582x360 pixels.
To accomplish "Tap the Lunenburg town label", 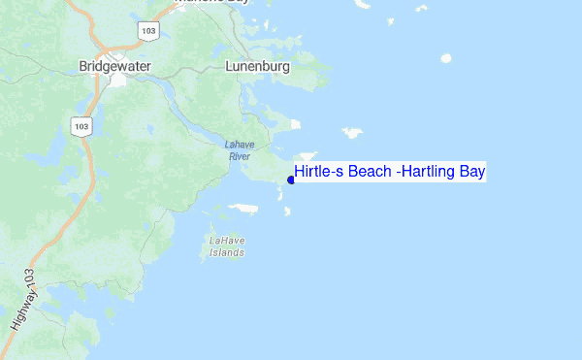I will (x=258, y=67).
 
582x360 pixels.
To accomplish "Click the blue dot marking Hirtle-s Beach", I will (x=291, y=180).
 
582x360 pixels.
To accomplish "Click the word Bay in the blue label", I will (x=472, y=173).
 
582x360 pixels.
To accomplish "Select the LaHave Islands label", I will (x=228, y=245).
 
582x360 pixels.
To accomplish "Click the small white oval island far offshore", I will (x=446, y=58).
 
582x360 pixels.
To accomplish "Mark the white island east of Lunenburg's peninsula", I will (x=351, y=132).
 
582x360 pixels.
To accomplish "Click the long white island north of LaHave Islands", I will (x=242, y=207).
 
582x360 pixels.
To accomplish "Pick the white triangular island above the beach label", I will (x=307, y=156).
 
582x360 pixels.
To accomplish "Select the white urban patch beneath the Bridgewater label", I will (x=119, y=82).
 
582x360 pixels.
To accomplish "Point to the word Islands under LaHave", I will (x=228, y=252).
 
